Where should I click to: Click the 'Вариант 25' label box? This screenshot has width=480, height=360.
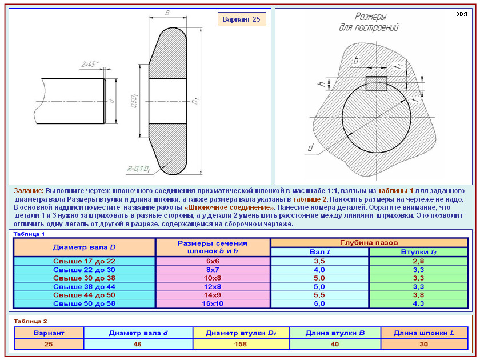click(242, 19)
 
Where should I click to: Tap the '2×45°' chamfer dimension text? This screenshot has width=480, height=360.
click(90, 64)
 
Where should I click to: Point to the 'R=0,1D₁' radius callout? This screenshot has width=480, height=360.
click(138, 169)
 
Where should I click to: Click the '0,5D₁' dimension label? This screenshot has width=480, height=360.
click(134, 101)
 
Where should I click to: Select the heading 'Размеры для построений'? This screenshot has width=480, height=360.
click(369, 22)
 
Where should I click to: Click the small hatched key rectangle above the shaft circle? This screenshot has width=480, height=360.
click(377, 83)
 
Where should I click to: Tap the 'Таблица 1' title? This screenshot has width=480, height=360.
click(29, 234)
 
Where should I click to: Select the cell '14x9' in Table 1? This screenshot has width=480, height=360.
click(213, 295)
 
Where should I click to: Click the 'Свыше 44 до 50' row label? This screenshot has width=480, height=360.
click(84, 295)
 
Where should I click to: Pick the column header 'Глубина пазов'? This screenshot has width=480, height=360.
click(369, 243)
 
